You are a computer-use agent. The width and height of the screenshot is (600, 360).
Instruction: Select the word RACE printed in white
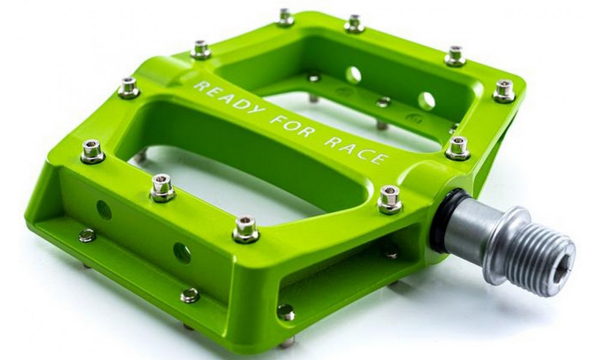click(360, 150)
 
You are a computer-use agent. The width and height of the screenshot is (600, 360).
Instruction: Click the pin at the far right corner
click(504, 92)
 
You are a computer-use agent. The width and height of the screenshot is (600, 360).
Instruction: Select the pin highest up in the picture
click(286, 17)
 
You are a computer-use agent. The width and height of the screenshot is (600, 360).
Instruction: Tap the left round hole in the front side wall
click(104, 209)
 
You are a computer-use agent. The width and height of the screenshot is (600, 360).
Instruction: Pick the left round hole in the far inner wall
click(353, 75)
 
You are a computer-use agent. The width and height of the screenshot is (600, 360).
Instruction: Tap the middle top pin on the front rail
click(162, 187)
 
